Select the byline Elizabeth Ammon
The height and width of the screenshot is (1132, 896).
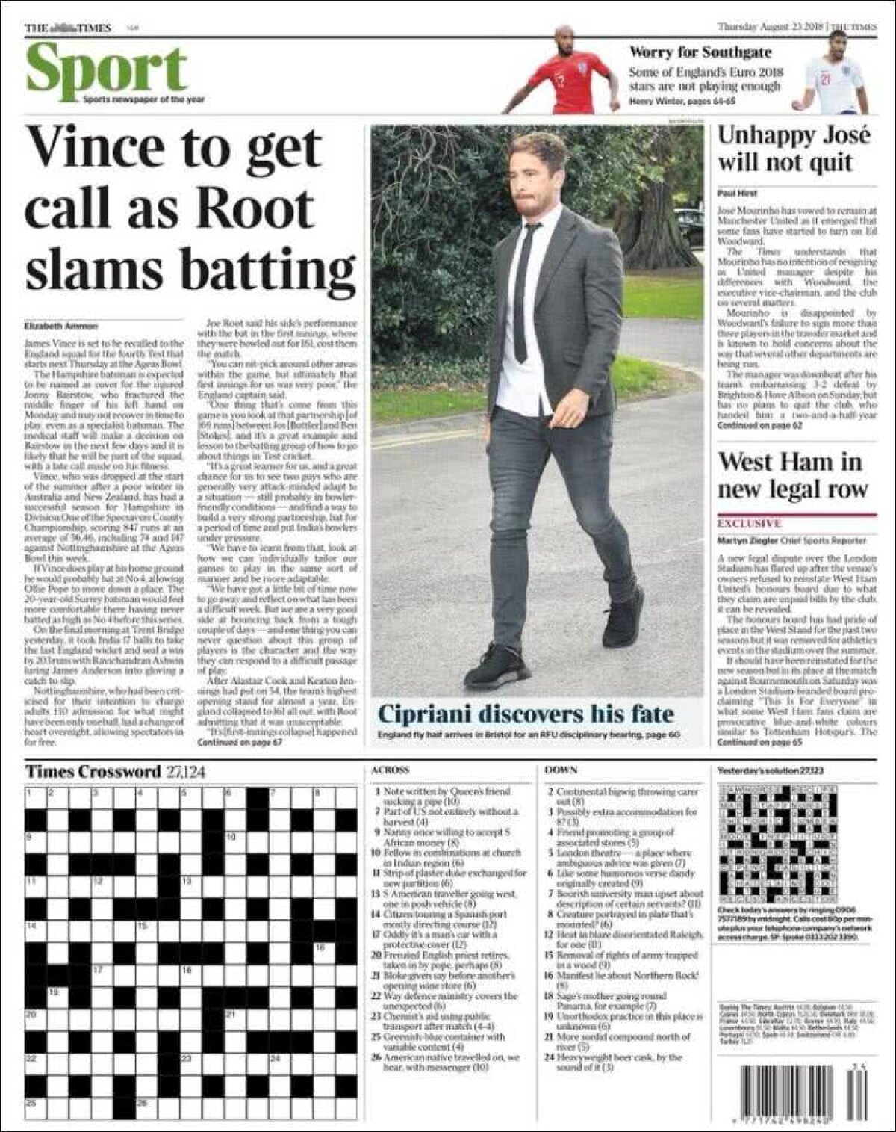click(x=60, y=326)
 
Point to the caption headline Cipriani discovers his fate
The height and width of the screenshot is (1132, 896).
click(x=526, y=714)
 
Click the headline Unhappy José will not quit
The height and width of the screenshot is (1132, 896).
click(x=794, y=149)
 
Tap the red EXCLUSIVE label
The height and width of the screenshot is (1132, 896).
click(x=749, y=523)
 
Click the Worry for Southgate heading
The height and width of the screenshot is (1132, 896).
click(x=700, y=52)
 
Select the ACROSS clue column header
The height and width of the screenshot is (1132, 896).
click(x=390, y=770)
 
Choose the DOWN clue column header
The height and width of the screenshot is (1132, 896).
click(x=561, y=770)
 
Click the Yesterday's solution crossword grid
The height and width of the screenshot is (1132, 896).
click(x=777, y=844)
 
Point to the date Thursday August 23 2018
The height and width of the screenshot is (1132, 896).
click(x=770, y=28)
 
